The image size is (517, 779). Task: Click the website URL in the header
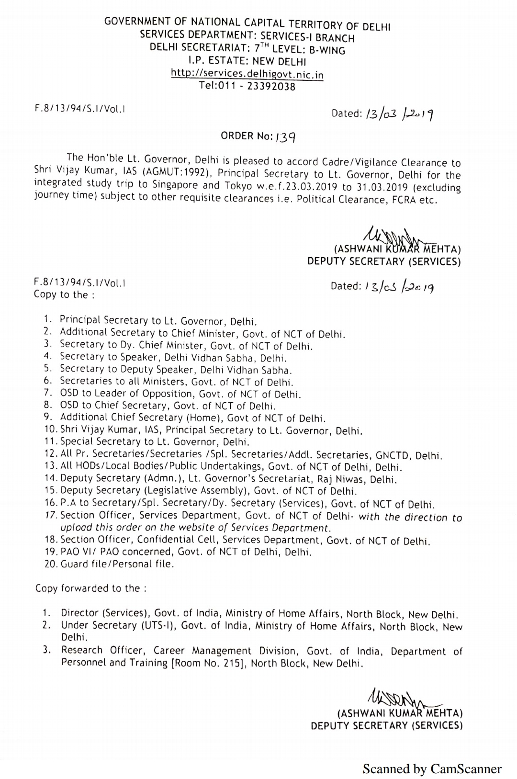(x=247, y=74)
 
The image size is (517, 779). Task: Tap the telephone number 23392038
(x=271, y=87)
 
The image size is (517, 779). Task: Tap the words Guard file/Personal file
(x=117, y=564)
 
